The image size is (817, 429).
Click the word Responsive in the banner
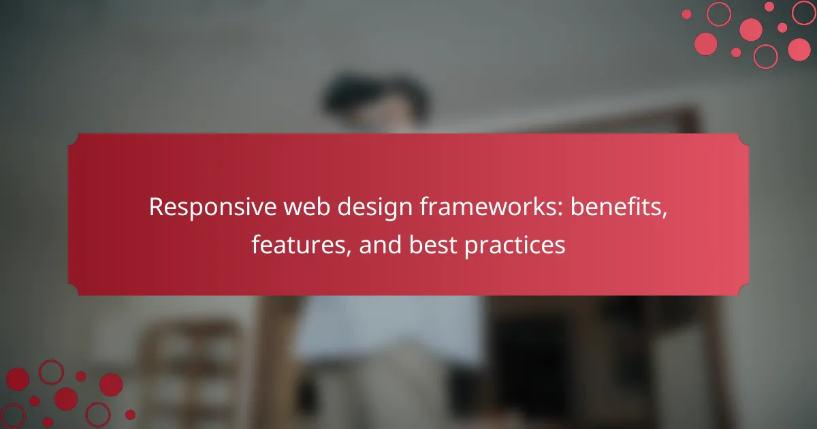[x=212, y=207]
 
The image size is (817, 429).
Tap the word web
[x=307, y=206]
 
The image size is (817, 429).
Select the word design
[x=374, y=208]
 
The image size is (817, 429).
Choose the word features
[x=298, y=244]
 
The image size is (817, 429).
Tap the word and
[x=380, y=244]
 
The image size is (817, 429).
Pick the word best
[x=432, y=244]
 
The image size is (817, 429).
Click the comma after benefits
[x=664, y=215]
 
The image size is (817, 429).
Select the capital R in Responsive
[x=157, y=207]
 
